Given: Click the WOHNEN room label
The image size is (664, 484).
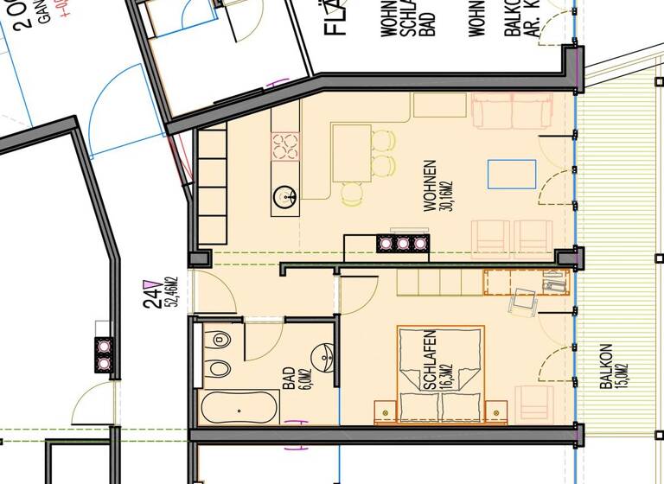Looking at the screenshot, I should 429,187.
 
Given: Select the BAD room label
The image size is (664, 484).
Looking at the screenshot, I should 287,379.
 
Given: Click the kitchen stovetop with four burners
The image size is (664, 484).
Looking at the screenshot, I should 284,146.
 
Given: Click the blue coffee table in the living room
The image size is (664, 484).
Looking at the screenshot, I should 505,174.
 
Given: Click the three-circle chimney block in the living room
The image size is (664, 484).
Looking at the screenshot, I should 403,244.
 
